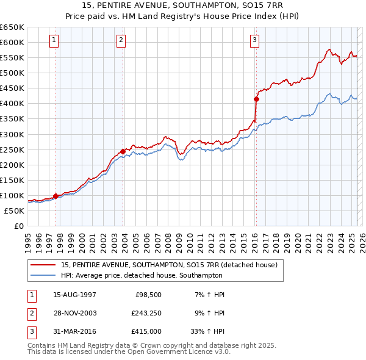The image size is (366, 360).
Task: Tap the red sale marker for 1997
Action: [56, 196]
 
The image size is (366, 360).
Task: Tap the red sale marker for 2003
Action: [123, 151]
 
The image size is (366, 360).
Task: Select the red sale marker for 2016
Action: [256, 99]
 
